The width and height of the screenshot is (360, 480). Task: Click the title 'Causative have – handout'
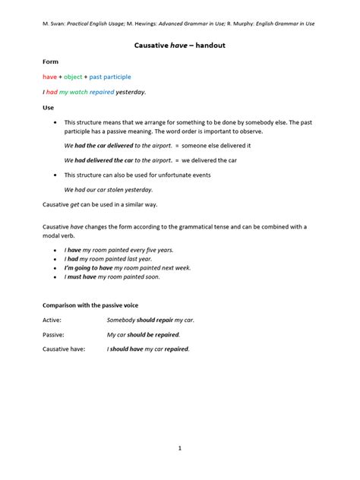(x=179, y=46)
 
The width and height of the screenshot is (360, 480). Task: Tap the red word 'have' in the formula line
(x=49, y=77)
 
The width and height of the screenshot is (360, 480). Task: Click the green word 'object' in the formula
(x=74, y=77)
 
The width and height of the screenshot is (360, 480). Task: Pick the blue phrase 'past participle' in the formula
(x=110, y=77)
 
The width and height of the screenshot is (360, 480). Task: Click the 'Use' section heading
(x=48, y=108)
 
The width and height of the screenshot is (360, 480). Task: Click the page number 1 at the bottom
(x=179, y=448)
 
